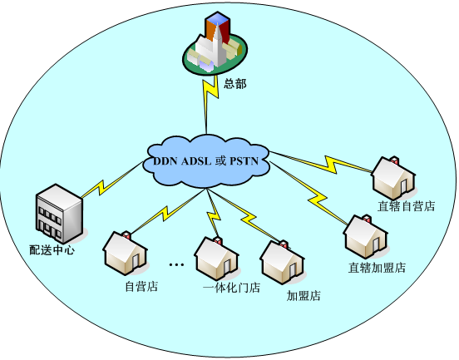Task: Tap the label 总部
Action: pos(235,84)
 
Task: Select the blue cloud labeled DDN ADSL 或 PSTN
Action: pos(206,161)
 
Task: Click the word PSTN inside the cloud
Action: pos(244,161)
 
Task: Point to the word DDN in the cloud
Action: pos(165,161)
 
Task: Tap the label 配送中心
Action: pos(52,250)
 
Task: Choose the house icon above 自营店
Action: pos(125,254)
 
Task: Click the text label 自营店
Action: pos(141,286)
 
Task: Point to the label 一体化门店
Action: pos(231,288)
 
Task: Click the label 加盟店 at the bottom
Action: pos(304,296)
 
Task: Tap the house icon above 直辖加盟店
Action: pos(366,237)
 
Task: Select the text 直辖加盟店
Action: pos(377,268)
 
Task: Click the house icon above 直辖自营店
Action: pos(393,179)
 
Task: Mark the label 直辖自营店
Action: pos(406,206)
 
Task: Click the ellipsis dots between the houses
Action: pos(176,264)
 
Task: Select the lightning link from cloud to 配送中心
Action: pos(111,180)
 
